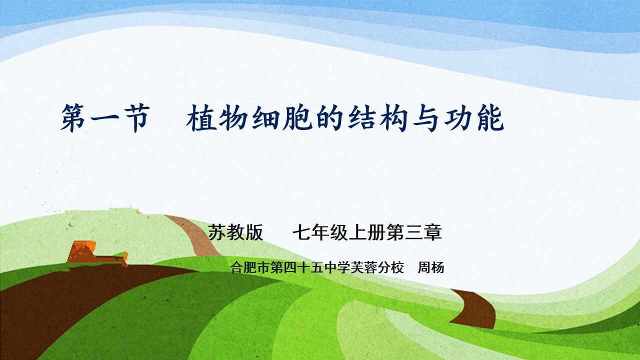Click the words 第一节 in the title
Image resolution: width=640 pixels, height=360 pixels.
[x=105, y=119]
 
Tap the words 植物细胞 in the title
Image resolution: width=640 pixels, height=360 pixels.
[x=249, y=119]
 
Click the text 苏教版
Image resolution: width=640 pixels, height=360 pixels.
[x=235, y=233]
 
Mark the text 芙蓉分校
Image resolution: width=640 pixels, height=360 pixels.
[x=374, y=268]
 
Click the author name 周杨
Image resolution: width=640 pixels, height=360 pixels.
[x=430, y=268]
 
